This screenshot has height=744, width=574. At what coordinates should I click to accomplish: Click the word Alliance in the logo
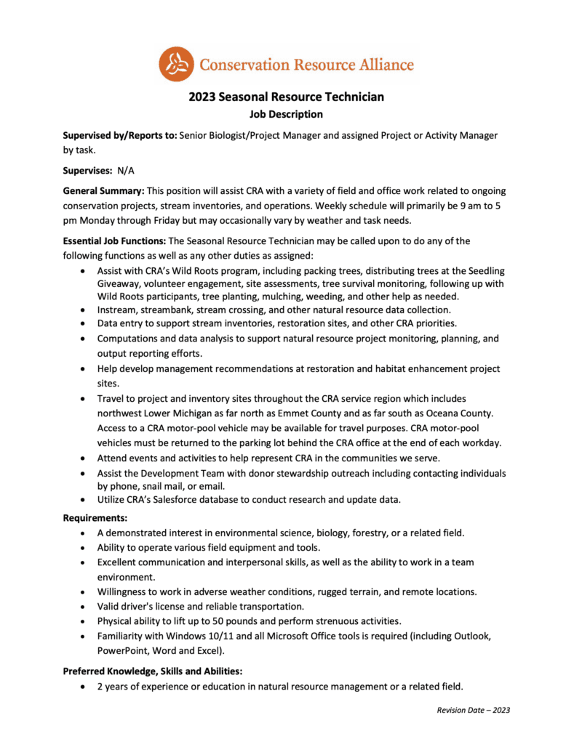(x=379, y=64)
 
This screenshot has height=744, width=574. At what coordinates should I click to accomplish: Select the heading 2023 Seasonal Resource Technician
(x=286, y=97)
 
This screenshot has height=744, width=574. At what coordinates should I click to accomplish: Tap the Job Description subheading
(x=286, y=114)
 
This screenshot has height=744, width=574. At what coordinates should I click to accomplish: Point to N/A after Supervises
(x=126, y=171)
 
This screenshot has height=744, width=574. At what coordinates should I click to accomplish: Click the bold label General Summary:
(x=103, y=191)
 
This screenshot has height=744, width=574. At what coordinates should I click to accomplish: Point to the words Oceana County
(x=458, y=413)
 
